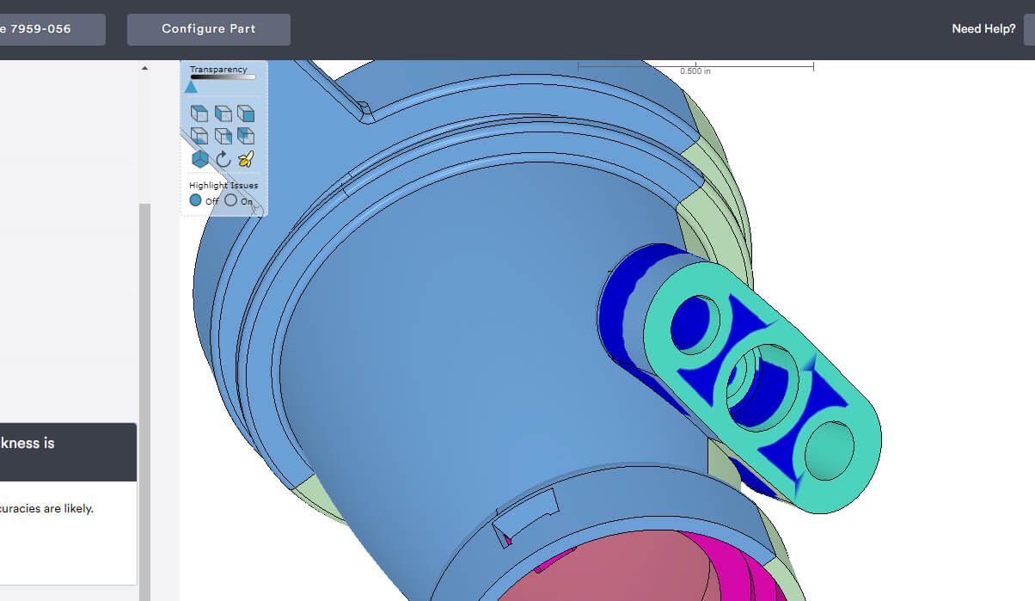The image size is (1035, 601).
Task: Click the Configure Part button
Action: pyautogui.click(x=208, y=29)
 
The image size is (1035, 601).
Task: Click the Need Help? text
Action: pyautogui.click(x=983, y=29)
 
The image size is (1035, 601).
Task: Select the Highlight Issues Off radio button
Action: pyautogui.click(x=196, y=200)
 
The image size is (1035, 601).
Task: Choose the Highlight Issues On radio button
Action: pyautogui.click(x=230, y=200)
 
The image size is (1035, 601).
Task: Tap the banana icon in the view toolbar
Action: pyautogui.click(x=246, y=158)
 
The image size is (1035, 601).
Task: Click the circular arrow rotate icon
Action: pyautogui.click(x=223, y=158)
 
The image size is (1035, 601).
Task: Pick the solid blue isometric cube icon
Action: pyautogui.click(x=199, y=158)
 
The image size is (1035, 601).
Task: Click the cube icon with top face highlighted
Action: pyautogui.click(x=199, y=113)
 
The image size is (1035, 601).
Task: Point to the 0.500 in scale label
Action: pyautogui.click(x=695, y=71)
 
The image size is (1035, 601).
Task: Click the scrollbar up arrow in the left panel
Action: pyautogui.click(x=144, y=68)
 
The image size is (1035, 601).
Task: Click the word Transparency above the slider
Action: pyautogui.click(x=218, y=70)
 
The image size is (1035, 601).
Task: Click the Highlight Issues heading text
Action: pyautogui.click(x=224, y=185)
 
